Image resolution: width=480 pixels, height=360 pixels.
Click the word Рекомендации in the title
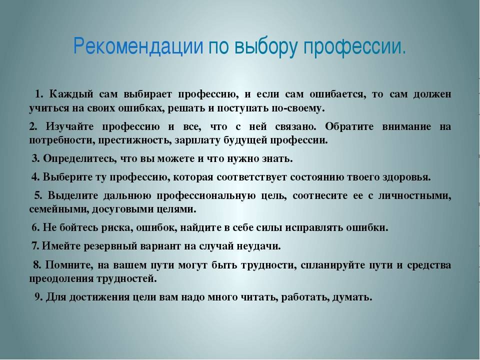(x=138, y=46)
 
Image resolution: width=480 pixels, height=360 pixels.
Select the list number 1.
(x=38, y=93)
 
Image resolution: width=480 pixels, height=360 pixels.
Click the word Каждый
(x=71, y=94)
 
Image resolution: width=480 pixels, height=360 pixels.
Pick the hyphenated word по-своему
(x=298, y=108)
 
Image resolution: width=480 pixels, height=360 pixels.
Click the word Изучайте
(x=70, y=126)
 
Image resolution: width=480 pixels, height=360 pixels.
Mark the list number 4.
(x=35, y=177)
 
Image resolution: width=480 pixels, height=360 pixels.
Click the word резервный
(x=111, y=246)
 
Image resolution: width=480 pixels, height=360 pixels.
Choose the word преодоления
(x=61, y=279)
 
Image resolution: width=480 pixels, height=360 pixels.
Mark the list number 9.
(x=38, y=297)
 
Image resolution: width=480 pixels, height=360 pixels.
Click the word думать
(x=352, y=297)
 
